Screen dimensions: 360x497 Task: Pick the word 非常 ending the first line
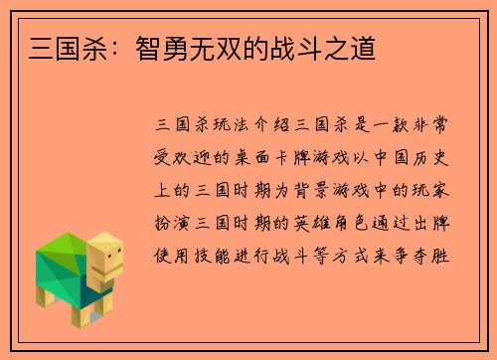pos(443,126)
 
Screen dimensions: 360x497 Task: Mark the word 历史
pos(443,155)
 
